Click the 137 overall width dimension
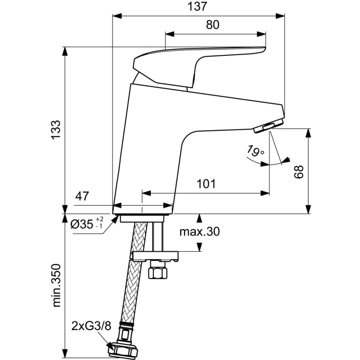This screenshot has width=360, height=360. point(198,7)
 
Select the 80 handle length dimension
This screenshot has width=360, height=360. point(212,25)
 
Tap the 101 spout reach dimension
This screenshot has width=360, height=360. point(206,184)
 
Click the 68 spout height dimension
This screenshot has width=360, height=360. point(299,172)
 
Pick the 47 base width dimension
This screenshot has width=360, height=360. point(82,197)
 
